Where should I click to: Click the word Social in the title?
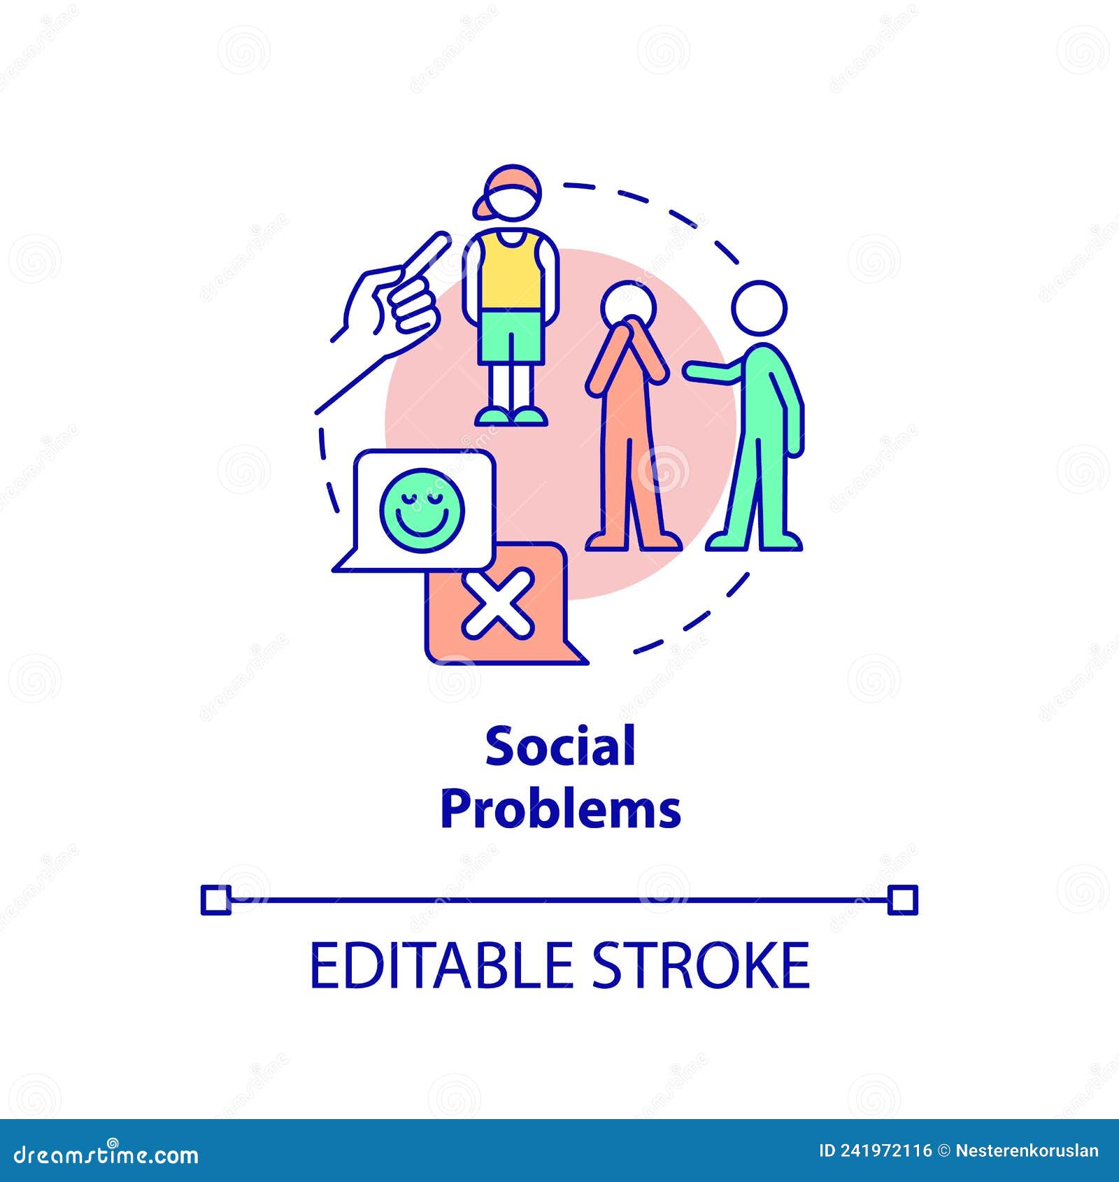(x=560, y=746)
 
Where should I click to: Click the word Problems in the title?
(x=560, y=809)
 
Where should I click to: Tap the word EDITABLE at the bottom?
(x=441, y=966)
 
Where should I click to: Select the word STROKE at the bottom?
(x=701, y=966)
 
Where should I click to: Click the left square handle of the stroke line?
(x=215, y=899)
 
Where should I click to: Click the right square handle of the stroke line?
(x=902, y=899)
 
